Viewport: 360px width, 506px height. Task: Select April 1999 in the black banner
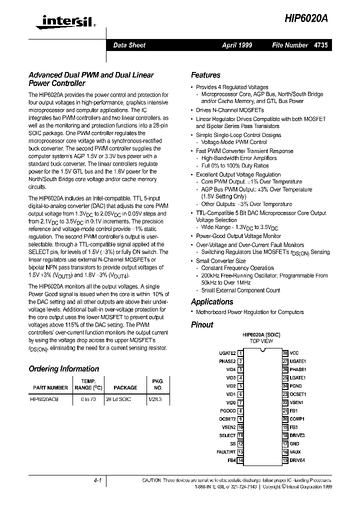[237, 45]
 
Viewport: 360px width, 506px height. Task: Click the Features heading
[205, 75]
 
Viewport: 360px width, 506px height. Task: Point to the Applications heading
[212, 301]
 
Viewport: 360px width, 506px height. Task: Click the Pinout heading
[202, 324]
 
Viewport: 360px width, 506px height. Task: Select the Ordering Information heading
[63, 369]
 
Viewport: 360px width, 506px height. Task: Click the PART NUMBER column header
[50, 387]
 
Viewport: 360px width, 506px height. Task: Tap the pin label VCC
[294, 353]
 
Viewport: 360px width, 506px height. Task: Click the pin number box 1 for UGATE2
[240, 353]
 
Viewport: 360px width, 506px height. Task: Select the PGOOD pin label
[227, 410]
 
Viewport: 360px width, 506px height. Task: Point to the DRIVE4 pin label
[297, 459]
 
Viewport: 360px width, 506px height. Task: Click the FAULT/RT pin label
[225, 451]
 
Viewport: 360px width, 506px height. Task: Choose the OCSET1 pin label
[298, 394]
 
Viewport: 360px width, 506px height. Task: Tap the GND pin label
[294, 443]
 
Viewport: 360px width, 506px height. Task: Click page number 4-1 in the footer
[97, 480]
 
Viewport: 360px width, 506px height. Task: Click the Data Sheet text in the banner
[129, 45]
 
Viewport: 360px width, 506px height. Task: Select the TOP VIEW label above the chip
[261, 341]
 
